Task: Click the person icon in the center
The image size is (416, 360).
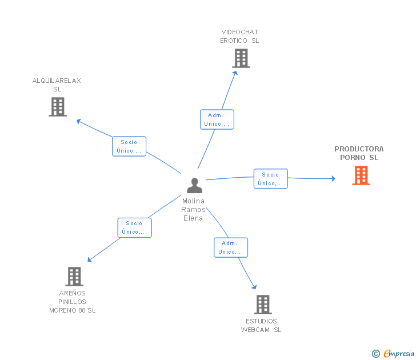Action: pos(194,185)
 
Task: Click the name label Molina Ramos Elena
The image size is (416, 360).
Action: pos(193,210)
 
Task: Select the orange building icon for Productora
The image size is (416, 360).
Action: pos(361,175)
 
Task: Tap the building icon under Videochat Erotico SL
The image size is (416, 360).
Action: pos(241,58)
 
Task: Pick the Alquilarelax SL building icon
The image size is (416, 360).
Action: pos(58,107)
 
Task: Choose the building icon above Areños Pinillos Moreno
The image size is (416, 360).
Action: pos(74,277)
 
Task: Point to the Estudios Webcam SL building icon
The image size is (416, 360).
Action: pos(263,305)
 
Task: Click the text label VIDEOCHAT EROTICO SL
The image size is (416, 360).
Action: pos(239,37)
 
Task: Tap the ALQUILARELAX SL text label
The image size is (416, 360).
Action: pos(57,85)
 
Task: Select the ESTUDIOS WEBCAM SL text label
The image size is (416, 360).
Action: pos(261,326)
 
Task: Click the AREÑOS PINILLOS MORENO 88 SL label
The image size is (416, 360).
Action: pos(73,302)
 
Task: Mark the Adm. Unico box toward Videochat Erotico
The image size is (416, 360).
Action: pos(217,119)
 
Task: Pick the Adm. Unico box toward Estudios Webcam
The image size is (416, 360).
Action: pos(231,247)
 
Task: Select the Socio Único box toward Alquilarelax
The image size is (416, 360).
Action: pos(129,146)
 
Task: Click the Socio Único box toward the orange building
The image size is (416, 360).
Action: pos(271,179)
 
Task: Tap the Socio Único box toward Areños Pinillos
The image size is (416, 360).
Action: pos(134,227)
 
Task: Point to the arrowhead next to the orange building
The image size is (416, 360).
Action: pos(334,178)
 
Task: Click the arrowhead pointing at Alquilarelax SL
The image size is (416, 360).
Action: pos(79,121)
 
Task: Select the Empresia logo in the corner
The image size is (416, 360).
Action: pos(399,353)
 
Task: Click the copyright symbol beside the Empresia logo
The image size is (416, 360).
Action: pos(375,354)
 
